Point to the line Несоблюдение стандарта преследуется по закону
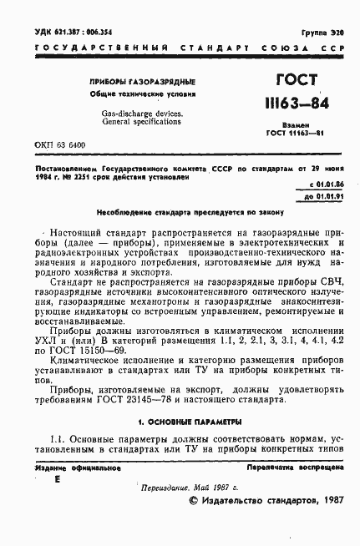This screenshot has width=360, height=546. click(x=180, y=214)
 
